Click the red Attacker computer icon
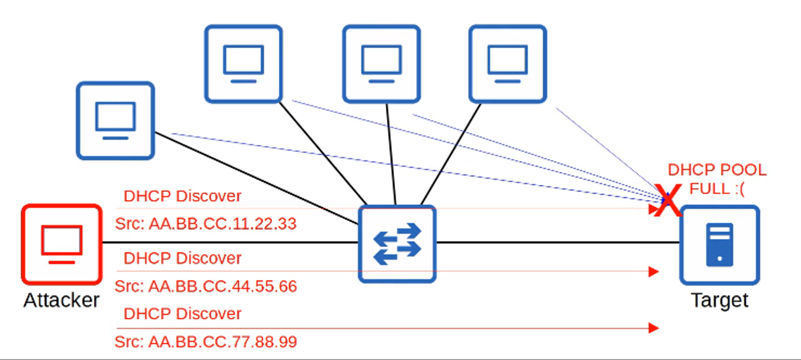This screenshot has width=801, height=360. [x=62, y=244]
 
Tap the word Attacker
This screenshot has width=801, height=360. [x=62, y=300]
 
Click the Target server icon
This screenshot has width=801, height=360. [x=719, y=245]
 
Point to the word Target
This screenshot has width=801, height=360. [x=719, y=300]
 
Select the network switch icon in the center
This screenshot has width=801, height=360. [x=397, y=244]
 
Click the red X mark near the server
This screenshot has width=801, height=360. [x=669, y=200]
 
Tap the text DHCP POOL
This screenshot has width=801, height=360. [x=717, y=170]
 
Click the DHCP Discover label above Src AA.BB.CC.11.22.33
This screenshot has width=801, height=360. [x=182, y=196]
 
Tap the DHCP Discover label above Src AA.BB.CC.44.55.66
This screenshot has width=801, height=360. [x=182, y=258]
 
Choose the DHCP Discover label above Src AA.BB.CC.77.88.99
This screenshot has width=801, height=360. [x=182, y=313]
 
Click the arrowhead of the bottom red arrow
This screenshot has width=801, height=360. [x=654, y=328]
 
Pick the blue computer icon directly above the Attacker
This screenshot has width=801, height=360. [x=115, y=121]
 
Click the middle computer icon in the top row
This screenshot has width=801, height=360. [x=382, y=64]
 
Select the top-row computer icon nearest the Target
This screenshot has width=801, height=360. [x=508, y=64]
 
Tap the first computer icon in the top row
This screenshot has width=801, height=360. [x=244, y=64]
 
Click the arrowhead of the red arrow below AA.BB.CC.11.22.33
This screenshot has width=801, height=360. [x=654, y=271]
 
